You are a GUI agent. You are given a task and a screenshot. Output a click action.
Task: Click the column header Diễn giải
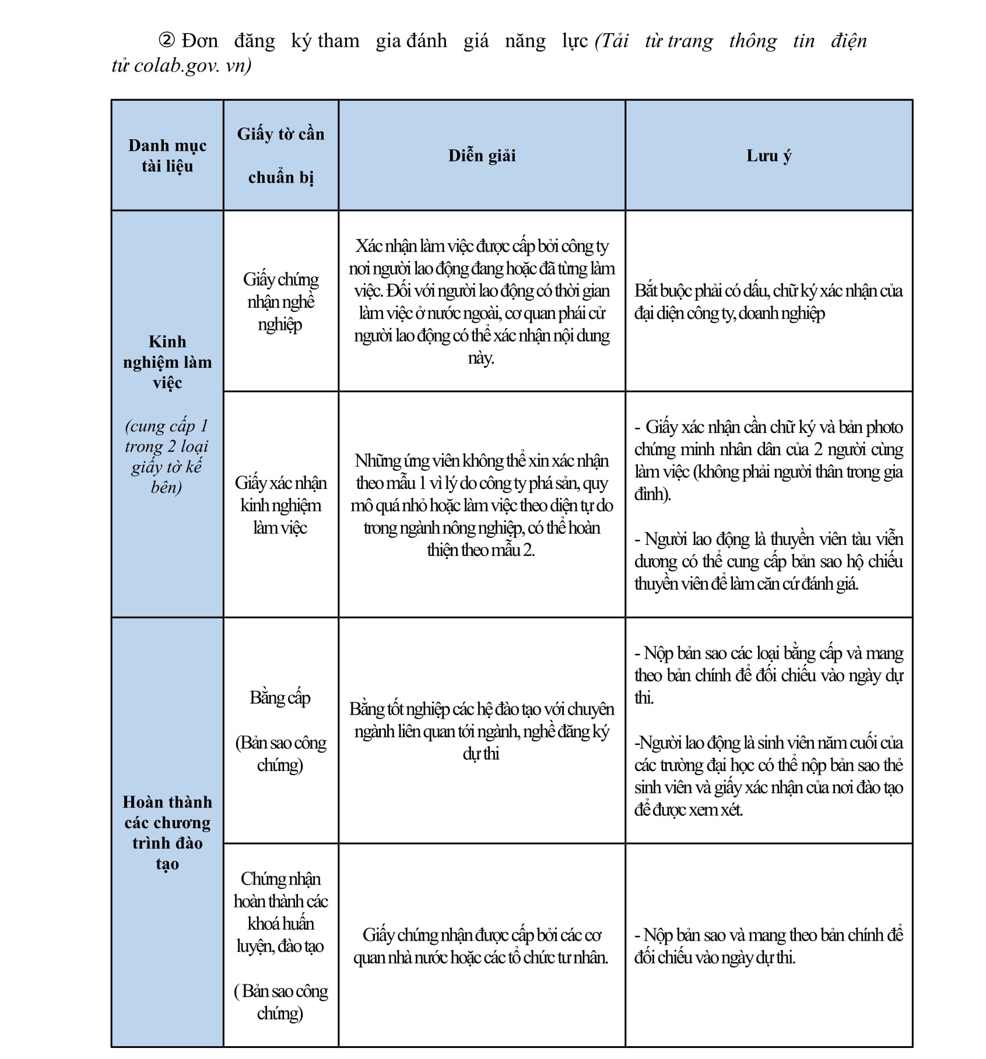pos(482,156)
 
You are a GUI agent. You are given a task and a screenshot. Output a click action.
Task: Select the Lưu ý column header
pos(769,156)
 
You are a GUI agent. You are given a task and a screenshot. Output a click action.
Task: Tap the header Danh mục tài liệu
pos(167,156)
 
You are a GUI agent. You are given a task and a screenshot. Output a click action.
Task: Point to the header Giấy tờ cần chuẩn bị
pos(280,156)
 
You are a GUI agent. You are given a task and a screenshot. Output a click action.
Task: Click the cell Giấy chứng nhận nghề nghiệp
pos(280,301)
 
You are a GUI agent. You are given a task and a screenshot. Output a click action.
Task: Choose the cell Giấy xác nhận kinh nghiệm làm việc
pos(280,505)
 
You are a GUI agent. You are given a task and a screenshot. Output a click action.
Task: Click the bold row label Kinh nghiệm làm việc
pos(167,362)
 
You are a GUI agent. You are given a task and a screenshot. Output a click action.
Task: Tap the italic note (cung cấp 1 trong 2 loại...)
pos(167,456)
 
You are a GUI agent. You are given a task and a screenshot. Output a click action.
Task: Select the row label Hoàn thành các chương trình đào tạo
pos(167,832)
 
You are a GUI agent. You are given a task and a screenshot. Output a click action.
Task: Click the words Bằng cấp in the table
pos(280,698)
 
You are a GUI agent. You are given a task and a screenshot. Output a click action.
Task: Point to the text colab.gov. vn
pos(192,65)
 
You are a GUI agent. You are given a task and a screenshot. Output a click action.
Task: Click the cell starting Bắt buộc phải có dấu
pos(769,302)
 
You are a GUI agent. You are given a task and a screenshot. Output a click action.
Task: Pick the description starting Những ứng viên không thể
pos(482,505)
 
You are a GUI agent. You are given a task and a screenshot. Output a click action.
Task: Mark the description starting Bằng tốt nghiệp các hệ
pos(482,731)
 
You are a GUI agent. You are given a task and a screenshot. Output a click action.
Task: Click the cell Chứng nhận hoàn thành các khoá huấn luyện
pos(280,912)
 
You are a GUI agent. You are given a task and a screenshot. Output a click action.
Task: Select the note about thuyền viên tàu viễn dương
pos(769,561)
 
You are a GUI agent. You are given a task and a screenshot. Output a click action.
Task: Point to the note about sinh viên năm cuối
pos(769,776)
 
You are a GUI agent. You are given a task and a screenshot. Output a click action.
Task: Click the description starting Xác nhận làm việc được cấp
pos(482,302)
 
